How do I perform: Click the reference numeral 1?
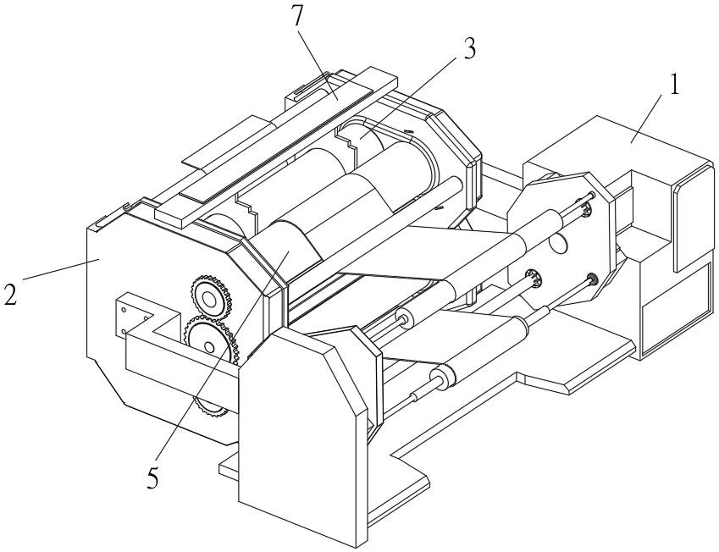(x=673, y=86)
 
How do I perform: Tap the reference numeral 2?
(x=10, y=294)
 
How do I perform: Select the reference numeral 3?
(x=468, y=47)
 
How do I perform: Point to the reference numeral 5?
(x=152, y=479)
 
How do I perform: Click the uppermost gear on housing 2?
(x=211, y=299)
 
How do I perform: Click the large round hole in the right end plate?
(x=558, y=242)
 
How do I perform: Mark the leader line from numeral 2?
(x=61, y=269)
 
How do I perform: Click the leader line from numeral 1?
(x=646, y=117)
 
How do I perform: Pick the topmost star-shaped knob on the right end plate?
(x=585, y=209)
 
